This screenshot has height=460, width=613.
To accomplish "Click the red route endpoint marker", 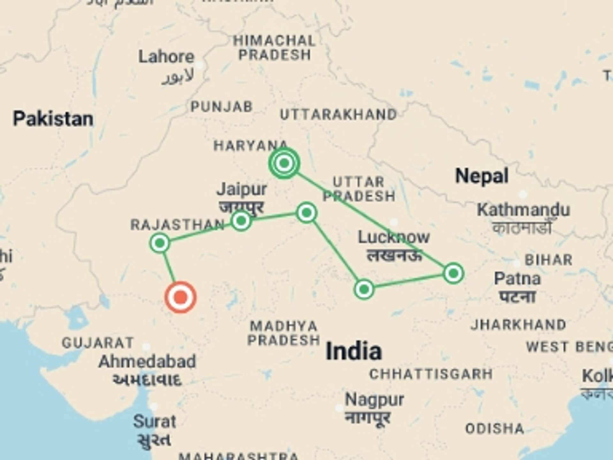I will (180, 297).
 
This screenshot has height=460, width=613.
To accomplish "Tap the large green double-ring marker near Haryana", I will (284, 163).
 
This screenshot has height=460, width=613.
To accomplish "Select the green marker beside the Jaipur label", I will (241, 220).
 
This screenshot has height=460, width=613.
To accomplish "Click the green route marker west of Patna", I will (453, 273).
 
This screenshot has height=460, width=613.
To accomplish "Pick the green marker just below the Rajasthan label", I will (160, 243).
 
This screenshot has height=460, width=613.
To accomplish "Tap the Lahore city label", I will (166, 57).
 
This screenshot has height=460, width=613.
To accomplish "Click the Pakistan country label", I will (53, 119).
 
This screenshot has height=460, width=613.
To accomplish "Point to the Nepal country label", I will (482, 176).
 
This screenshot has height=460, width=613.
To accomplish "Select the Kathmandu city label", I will (523, 210).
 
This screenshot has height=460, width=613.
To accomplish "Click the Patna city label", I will (517, 279).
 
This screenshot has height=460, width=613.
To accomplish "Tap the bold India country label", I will (354, 351).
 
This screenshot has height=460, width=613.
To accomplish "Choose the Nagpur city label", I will (375, 400).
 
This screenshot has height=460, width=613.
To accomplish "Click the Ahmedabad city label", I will (147, 362).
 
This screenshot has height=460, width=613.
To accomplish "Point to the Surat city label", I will (155, 422).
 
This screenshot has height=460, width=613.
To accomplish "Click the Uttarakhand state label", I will (338, 115).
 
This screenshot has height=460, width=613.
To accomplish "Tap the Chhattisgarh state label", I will (431, 374).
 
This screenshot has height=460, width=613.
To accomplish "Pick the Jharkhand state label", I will (518, 325).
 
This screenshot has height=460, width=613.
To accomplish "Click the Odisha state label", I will (495, 429).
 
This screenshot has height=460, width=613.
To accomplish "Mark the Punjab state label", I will (222, 107).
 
